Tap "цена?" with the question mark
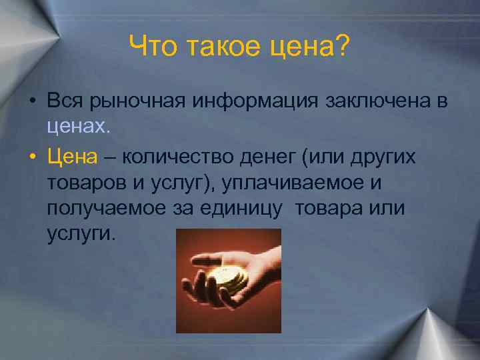tap(310, 47)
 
